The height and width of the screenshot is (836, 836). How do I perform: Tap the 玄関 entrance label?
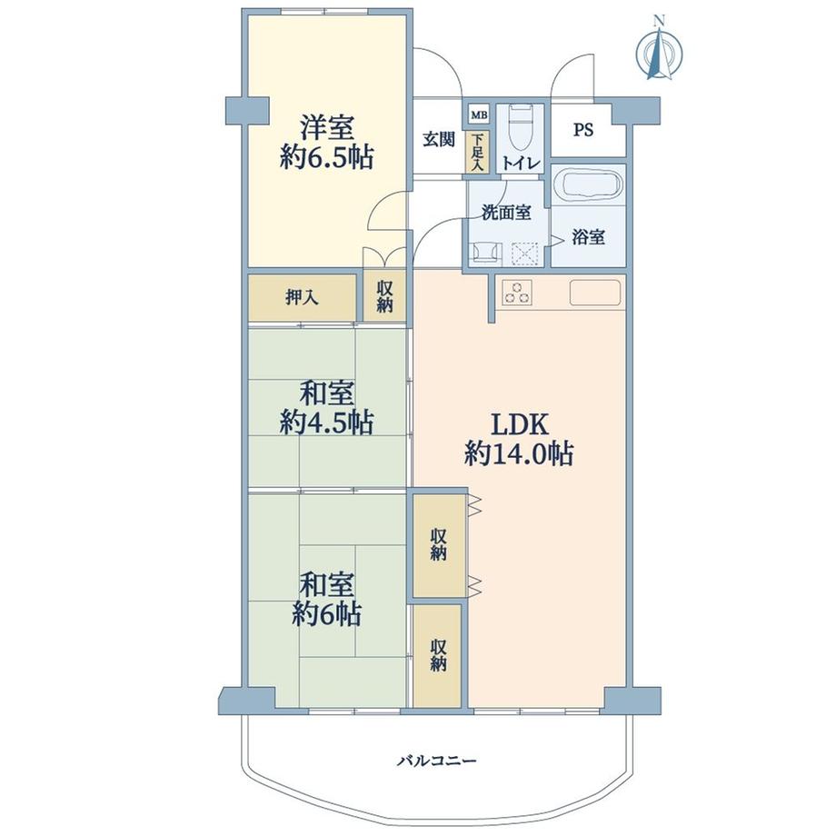[438, 140]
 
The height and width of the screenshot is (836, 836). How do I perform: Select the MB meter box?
[479, 115]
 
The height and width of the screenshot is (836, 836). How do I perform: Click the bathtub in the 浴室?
[589, 186]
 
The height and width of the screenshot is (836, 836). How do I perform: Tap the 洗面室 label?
[506, 214]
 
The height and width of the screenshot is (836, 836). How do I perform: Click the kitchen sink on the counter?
[595, 293]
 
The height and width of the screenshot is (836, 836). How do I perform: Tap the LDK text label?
[519, 423]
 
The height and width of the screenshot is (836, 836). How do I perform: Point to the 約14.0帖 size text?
[518, 453]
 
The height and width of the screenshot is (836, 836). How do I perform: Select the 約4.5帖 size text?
[327, 423]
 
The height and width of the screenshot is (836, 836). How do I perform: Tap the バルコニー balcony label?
[436, 760]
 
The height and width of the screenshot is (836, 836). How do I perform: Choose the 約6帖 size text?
[326, 615]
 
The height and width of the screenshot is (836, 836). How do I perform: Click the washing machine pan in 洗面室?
[525, 252]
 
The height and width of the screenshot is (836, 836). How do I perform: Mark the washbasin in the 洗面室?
[484, 251]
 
